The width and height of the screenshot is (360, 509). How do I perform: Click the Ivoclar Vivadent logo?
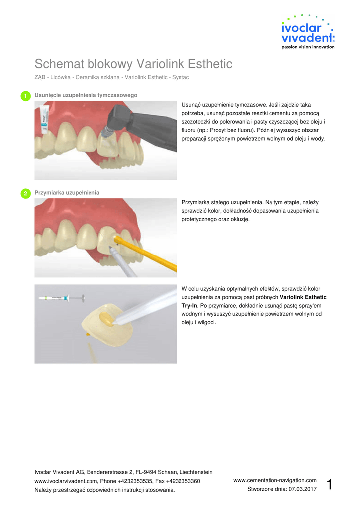click(x=308, y=32)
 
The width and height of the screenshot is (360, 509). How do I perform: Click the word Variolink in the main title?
click(x=161, y=64)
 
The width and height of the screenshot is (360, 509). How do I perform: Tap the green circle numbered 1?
click(x=26, y=96)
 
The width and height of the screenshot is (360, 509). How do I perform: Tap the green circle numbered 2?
click(x=26, y=193)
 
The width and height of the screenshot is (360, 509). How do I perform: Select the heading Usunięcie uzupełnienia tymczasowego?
click(x=86, y=95)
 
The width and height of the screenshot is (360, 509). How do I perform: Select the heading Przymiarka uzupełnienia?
click(x=67, y=193)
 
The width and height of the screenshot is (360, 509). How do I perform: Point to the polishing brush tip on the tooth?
click(x=106, y=132)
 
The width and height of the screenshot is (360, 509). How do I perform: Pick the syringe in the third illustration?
click(x=62, y=298)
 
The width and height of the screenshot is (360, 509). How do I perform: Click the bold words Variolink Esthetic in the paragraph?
click(x=303, y=297)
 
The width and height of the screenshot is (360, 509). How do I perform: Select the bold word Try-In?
click(x=189, y=306)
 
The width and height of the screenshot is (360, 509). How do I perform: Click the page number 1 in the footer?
click(x=330, y=484)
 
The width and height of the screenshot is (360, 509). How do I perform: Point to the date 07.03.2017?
click(x=302, y=489)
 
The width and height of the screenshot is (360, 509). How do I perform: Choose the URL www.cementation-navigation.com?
click(x=275, y=480)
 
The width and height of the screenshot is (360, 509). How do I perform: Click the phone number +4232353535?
click(x=135, y=481)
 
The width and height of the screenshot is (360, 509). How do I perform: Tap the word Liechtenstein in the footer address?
click(x=196, y=472)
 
